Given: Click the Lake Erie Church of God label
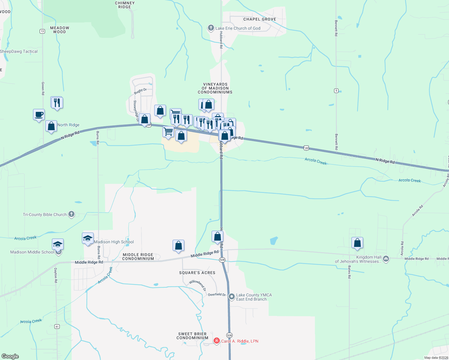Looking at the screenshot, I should (x=238, y=28).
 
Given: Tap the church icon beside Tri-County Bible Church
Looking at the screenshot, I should (x=71, y=214).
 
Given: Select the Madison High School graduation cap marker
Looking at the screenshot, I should (x=88, y=238).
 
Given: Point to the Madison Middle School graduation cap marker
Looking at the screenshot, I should (x=58, y=244).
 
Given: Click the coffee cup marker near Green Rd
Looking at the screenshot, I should (x=39, y=115).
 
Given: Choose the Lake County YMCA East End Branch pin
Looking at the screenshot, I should (x=232, y=297).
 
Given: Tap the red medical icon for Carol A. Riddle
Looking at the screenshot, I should (x=216, y=341).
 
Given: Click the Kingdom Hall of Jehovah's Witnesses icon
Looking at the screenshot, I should (x=386, y=259).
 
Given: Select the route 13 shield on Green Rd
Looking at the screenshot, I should (x=42, y=31).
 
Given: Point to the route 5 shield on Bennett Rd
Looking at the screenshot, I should (x=336, y=91).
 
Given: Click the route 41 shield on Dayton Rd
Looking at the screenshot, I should (x=57, y=327).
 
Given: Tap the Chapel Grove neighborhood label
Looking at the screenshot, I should (x=260, y=19).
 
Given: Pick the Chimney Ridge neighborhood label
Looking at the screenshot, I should (x=125, y=5).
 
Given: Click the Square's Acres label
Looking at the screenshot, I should (x=197, y=273).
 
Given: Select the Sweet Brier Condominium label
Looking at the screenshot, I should (x=192, y=336).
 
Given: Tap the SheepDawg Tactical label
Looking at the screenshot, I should (x=19, y=51).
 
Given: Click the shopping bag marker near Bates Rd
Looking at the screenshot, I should (x=357, y=243).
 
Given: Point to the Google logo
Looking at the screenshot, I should (x=10, y=356).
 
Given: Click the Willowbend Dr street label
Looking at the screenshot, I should (x=198, y=285).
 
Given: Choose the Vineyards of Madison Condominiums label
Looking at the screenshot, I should (x=215, y=88).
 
